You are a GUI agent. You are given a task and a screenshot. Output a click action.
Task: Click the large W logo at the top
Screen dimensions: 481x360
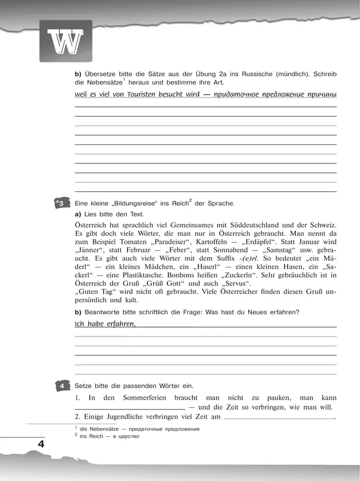click(65, 41)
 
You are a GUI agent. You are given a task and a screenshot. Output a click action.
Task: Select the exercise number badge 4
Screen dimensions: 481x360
click(63, 386)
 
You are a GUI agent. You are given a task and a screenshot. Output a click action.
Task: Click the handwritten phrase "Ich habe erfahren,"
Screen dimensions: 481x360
click(105, 324)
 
